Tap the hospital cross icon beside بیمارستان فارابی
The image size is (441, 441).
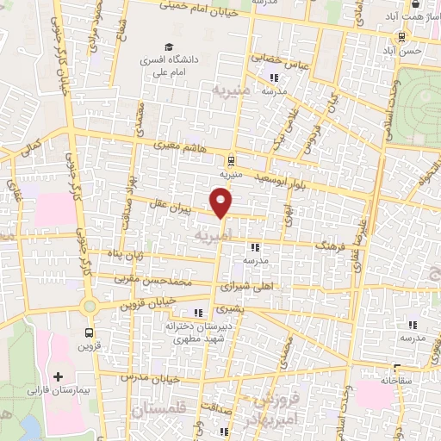pyautogui.click(x=59, y=377)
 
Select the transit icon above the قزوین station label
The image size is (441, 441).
pyautogui.click(x=89, y=332)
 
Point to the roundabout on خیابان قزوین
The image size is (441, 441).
pyautogui.click(x=89, y=306)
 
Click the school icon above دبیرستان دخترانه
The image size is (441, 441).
pyautogui.click(x=200, y=312)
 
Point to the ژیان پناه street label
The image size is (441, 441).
pyautogui.click(x=124, y=255)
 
